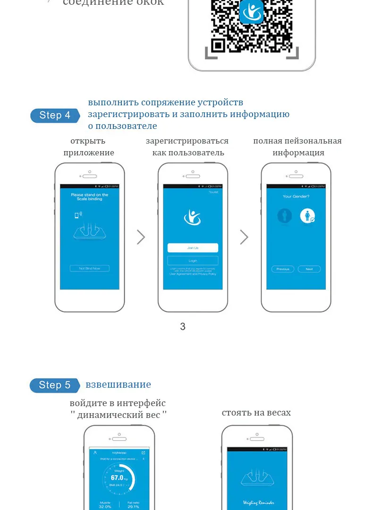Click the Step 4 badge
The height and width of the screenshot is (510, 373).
click(x=54, y=115)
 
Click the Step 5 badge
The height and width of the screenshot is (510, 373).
click(x=54, y=385)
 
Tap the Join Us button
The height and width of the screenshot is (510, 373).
click(x=193, y=248)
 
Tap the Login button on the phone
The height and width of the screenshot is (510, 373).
click(x=193, y=261)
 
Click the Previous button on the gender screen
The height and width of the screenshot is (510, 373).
click(x=283, y=269)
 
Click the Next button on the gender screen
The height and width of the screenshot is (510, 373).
click(x=309, y=269)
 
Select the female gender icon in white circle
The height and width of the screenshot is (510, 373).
click(x=307, y=216)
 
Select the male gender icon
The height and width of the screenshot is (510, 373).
click(x=284, y=216)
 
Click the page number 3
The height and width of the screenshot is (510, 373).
click(x=183, y=326)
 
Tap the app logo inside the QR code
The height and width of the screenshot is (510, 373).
click(x=251, y=12)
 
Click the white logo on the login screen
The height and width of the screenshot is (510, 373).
click(x=192, y=217)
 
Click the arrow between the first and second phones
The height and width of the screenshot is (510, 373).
click(x=141, y=237)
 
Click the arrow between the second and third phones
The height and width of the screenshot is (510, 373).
click(x=244, y=237)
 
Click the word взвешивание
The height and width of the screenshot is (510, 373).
click(x=118, y=384)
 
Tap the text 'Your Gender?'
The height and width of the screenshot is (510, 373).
click(x=296, y=196)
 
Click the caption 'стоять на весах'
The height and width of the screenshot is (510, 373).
click(x=256, y=413)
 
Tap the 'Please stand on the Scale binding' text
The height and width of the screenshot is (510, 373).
click(x=89, y=197)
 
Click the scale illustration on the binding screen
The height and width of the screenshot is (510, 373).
click(x=90, y=232)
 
